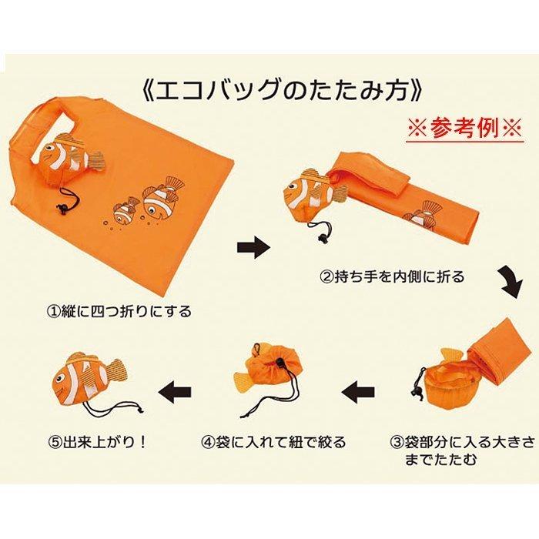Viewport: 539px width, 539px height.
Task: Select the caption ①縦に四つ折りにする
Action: click(118, 313)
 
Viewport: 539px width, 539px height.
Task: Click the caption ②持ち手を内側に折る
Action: click(392, 276)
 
